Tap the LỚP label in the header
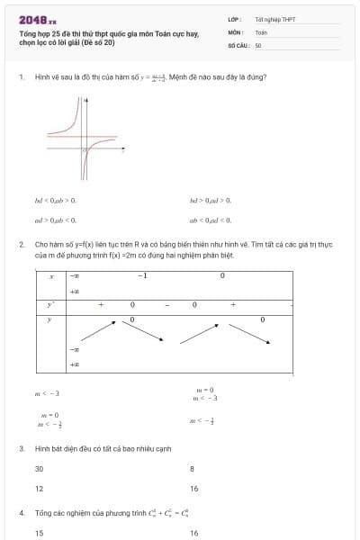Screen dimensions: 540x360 [x=235, y=19]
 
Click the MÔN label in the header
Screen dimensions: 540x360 [x=235, y=31]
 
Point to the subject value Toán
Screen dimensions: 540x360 [x=261, y=31]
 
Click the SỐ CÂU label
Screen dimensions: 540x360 [x=238, y=44]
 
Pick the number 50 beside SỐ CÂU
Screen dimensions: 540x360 [x=258, y=44]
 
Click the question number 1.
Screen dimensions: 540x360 [x=21, y=76]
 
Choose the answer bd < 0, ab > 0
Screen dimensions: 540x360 [x=56, y=200]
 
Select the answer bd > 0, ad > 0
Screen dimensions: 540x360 [x=210, y=200]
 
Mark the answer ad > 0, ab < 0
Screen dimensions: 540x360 [x=56, y=219]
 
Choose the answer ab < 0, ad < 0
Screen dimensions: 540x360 [x=210, y=219]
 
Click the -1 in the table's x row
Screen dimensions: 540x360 [x=141, y=275]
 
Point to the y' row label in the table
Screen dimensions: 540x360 [x=51, y=305]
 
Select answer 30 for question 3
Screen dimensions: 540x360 [x=40, y=469]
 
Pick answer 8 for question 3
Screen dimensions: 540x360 [x=192, y=469]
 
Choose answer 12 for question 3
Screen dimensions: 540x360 [x=40, y=489]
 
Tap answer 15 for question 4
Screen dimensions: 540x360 [x=40, y=533]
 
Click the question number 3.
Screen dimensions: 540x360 [x=21, y=448]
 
